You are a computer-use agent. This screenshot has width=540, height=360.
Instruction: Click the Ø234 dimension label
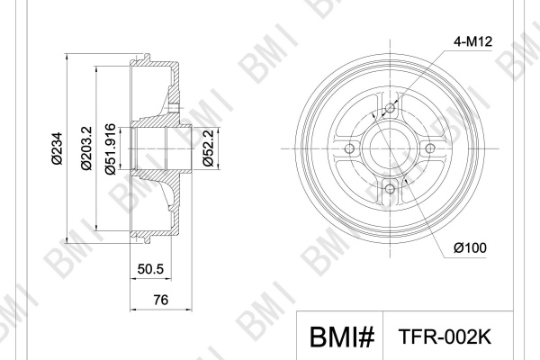(58, 148)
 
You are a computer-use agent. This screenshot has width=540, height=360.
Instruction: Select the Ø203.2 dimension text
(86, 148)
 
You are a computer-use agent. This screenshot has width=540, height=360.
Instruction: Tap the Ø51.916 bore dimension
(110, 148)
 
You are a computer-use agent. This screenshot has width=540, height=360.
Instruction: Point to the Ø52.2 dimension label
(209, 148)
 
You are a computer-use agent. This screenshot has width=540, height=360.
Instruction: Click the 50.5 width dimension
(150, 269)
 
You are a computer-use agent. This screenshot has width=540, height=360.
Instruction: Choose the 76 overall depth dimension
(161, 300)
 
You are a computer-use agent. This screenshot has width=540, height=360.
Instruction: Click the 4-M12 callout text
(472, 41)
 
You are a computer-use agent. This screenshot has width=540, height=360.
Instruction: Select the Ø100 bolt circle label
(470, 247)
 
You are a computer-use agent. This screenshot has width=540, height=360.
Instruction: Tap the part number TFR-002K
(445, 337)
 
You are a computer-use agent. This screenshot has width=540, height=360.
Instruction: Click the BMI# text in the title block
(342, 337)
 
